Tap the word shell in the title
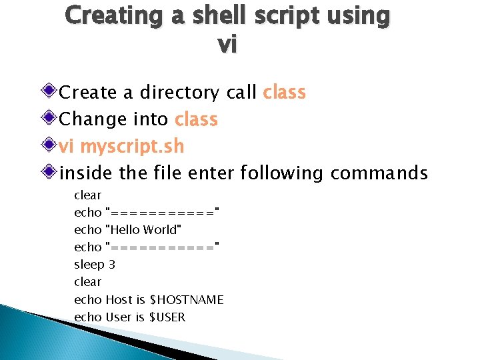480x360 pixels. coord(215,15)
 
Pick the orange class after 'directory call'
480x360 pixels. coord(285,92)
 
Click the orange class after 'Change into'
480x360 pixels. coord(196,119)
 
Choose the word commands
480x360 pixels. coord(379,173)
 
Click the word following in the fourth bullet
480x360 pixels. coord(281,173)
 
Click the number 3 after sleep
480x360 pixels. coord(111,265)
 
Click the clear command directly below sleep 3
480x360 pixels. coord(87,282)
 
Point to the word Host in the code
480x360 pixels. coord(117,300)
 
